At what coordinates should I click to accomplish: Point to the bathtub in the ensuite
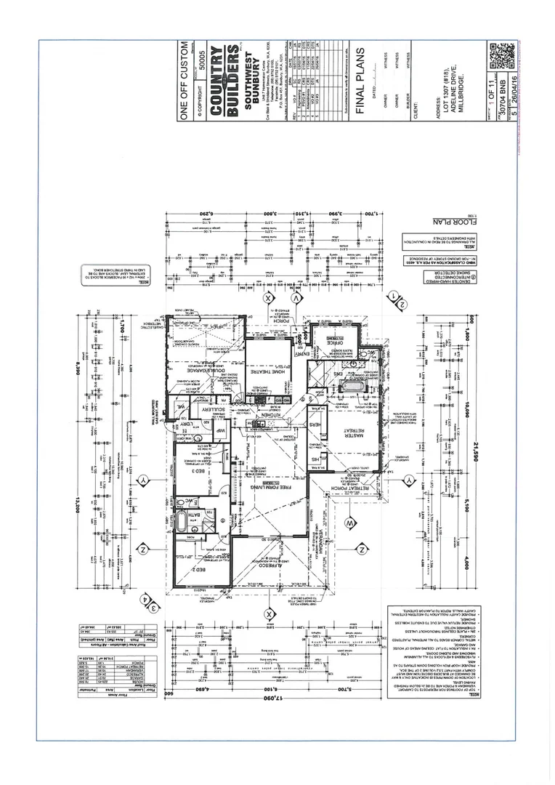click(x=356, y=385)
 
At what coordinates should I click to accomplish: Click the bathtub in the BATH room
click(x=181, y=523)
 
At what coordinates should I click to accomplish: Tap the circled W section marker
click(x=349, y=522)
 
